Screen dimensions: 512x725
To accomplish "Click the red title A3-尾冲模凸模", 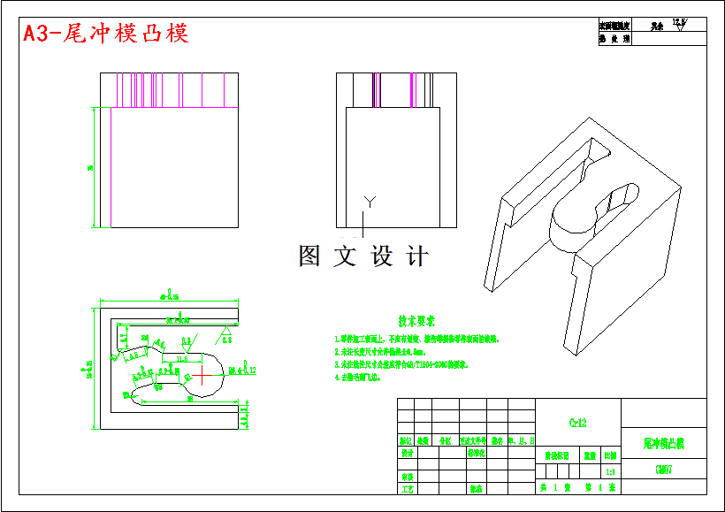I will pyautogui.click(x=106, y=34).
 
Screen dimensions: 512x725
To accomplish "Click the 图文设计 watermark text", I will pyautogui.click(x=363, y=256).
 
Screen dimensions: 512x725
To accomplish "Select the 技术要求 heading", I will pyautogui.click(x=416, y=321).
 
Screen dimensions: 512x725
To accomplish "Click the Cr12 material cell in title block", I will pyautogui.click(x=578, y=423).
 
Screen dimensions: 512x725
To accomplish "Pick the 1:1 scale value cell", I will pyautogui.click(x=610, y=473).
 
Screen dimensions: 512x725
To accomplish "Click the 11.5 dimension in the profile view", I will pyautogui.click(x=182, y=359).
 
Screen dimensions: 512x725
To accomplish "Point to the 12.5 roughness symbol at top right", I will pyautogui.click(x=679, y=24).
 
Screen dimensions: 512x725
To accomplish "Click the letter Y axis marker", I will pyautogui.click(x=370, y=203).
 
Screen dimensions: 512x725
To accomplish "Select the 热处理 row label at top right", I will pyautogui.click(x=614, y=39).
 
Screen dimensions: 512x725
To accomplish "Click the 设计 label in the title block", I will pyautogui.click(x=407, y=453).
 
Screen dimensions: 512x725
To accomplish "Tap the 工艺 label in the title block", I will pyautogui.click(x=407, y=488).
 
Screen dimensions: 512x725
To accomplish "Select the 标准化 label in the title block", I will pyautogui.click(x=476, y=453).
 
